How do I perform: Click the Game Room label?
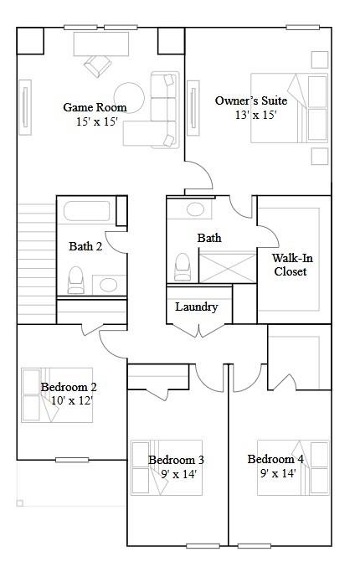tap(95, 107)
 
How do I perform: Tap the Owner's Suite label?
tap(250, 101)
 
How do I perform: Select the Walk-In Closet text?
tap(289, 265)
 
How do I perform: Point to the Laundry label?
tap(197, 307)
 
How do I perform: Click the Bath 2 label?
tap(85, 246)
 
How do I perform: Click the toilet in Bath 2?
tap(76, 279)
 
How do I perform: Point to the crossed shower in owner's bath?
tap(225, 267)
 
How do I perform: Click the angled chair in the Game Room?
tap(96, 64)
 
